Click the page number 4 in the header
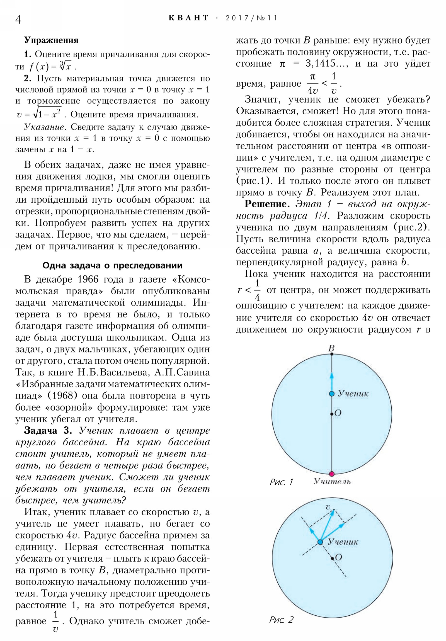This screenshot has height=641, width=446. [x=18, y=20]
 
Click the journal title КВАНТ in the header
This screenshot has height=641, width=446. [x=189, y=18]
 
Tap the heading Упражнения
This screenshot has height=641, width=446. [x=51, y=40]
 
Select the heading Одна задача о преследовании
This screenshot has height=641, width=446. [x=113, y=265]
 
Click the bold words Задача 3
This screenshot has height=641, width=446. [x=48, y=431]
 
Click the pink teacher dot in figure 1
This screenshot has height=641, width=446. [x=331, y=474]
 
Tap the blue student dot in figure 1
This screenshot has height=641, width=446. [x=331, y=394]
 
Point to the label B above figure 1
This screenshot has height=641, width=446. [x=331, y=348]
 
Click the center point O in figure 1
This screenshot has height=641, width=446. [x=331, y=414]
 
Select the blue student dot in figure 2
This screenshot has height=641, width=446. [x=320, y=542]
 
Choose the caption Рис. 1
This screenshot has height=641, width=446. [x=281, y=482]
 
